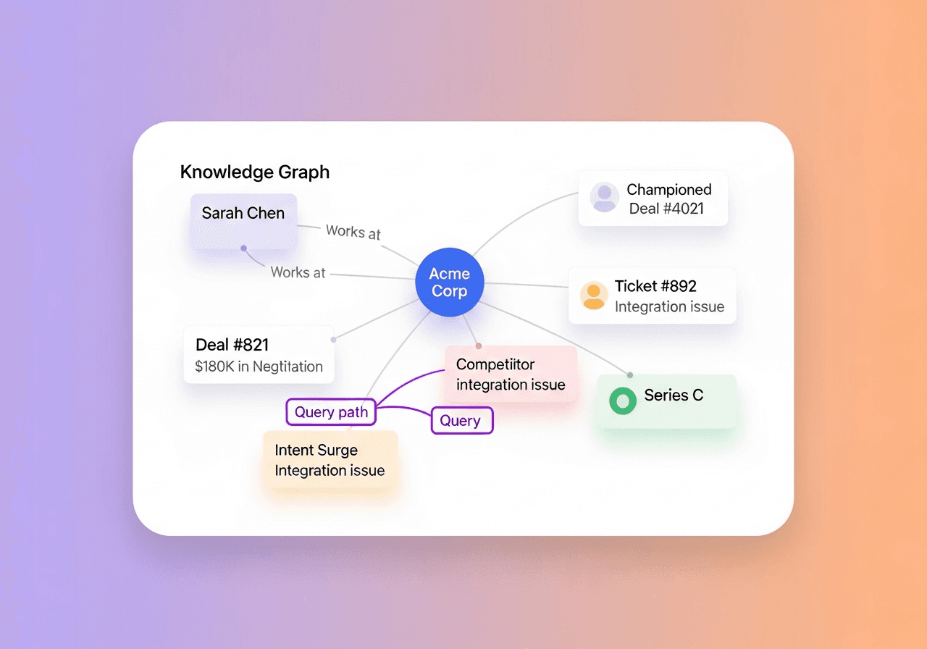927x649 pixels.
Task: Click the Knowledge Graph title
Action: (x=254, y=172)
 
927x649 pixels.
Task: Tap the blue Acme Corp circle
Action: (x=449, y=282)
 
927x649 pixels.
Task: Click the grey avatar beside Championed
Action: (x=604, y=197)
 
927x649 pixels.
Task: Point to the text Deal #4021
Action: (x=666, y=209)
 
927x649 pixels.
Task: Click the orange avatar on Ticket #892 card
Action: (x=594, y=296)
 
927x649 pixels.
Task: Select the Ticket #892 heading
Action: (x=655, y=286)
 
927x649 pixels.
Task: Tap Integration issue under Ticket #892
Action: (x=669, y=307)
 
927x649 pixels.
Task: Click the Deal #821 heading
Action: (x=232, y=345)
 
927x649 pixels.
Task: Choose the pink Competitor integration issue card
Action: (x=511, y=374)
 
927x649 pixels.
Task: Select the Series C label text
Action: (x=674, y=395)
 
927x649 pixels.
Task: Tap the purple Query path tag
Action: (x=331, y=413)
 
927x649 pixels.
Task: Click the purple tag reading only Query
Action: (x=461, y=421)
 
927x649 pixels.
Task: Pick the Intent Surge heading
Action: (x=316, y=450)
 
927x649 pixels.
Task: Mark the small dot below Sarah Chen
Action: (x=243, y=248)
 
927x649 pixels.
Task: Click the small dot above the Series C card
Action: (x=630, y=375)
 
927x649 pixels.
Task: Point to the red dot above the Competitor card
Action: (x=478, y=346)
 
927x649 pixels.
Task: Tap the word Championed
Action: (x=669, y=190)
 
